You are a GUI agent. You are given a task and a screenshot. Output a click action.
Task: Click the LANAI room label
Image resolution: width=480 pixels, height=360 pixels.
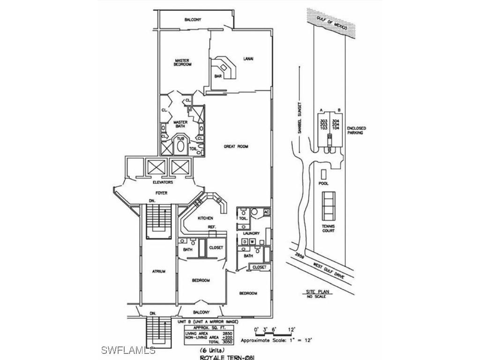click(248, 59)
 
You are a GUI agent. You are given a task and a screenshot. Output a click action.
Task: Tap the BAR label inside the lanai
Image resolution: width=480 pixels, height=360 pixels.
click(218, 76)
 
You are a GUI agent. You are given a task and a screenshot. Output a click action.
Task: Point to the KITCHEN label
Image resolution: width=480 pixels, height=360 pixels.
click(205, 218)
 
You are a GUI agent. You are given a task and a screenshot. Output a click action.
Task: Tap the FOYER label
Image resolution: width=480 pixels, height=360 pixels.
click(161, 193)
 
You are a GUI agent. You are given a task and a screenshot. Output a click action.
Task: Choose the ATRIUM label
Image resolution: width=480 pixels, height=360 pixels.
click(158, 271)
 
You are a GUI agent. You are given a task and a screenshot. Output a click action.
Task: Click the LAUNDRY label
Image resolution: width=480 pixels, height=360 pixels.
click(251, 233)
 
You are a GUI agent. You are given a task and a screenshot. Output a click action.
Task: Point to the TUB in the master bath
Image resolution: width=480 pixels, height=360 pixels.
click(180, 139)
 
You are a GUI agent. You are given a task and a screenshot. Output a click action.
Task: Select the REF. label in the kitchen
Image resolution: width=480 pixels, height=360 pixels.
click(211, 228)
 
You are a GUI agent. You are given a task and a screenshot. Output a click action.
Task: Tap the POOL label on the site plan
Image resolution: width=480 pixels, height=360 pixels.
click(323, 183)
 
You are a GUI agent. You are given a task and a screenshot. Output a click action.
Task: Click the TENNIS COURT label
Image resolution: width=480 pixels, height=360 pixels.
click(329, 228)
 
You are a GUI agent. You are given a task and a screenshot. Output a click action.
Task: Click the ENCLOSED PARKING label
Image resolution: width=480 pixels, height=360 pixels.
click(356, 130)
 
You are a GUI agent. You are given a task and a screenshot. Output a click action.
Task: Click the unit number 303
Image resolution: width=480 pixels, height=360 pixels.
click(322, 120)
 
